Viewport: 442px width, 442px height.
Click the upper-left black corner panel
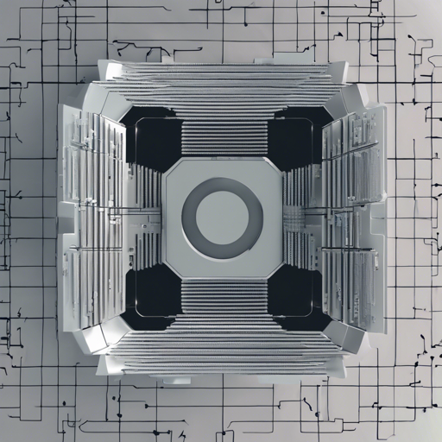click(154, 138)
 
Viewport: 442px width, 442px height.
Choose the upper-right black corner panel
click(294, 138)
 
